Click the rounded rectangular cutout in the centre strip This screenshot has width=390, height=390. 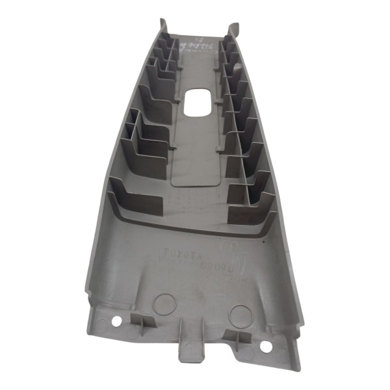pyautogui.click(x=198, y=102)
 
